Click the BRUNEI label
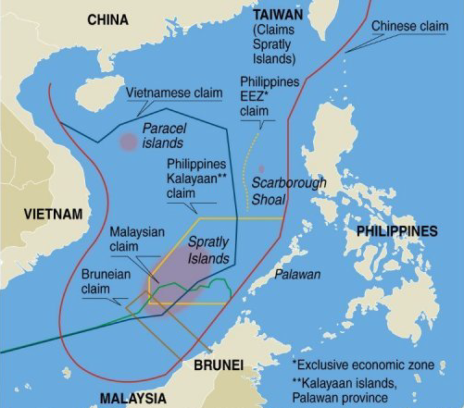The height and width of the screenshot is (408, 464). coord(219,365)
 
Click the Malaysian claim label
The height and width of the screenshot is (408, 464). coord(135,239)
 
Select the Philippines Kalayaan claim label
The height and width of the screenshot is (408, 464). coord(196,179)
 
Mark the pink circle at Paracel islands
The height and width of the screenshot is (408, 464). coord(128,142)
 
